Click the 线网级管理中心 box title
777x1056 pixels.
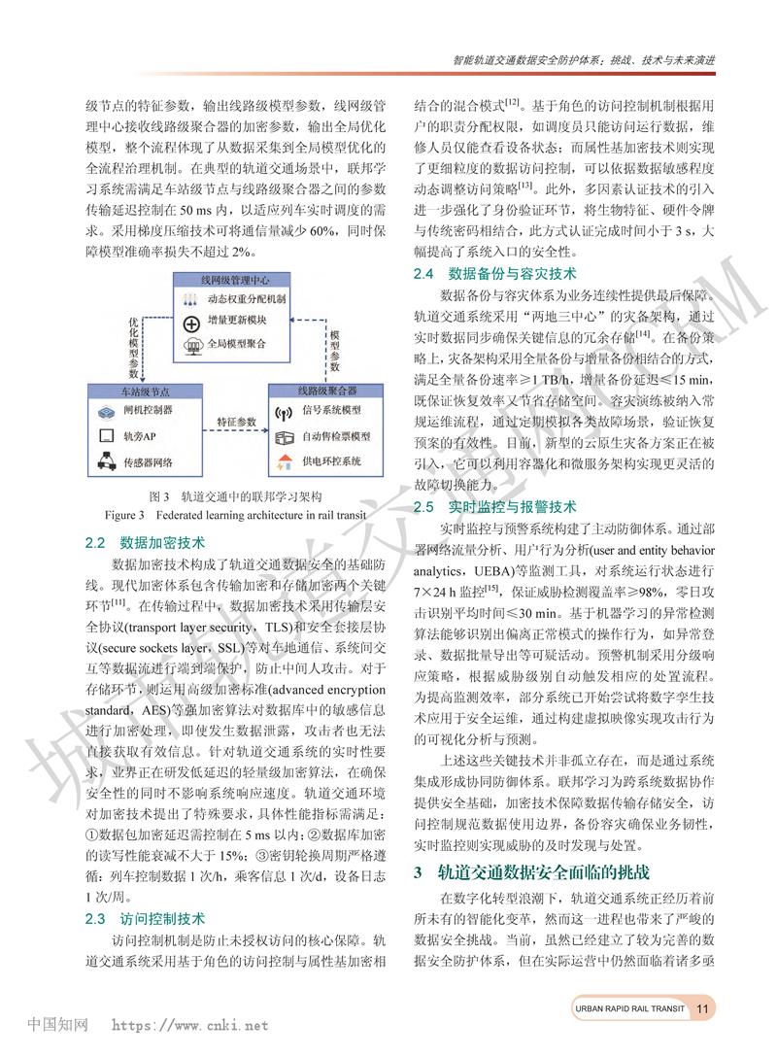pyautogui.click(x=234, y=280)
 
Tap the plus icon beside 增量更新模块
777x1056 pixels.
pyautogui.click(x=191, y=323)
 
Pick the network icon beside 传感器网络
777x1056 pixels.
pyautogui.click(x=106, y=460)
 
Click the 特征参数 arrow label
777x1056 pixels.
pyautogui.click(x=236, y=422)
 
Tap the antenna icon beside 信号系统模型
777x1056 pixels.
pyautogui.click(x=286, y=413)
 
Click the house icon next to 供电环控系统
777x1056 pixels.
pyautogui.click(x=286, y=460)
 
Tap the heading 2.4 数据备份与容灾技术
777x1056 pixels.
pyautogui.click(x=495, y=274)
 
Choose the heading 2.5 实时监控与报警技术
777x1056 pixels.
pyautogui.click(x=495, y=506)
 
